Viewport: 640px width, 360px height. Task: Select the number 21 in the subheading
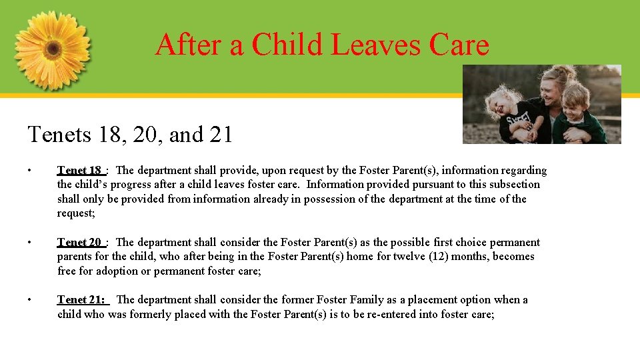[219, 135]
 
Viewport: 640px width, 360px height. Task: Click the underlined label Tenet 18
[79, 171]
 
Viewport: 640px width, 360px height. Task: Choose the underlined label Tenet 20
[79, 243]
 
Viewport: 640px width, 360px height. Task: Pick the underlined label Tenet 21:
[82, 300]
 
